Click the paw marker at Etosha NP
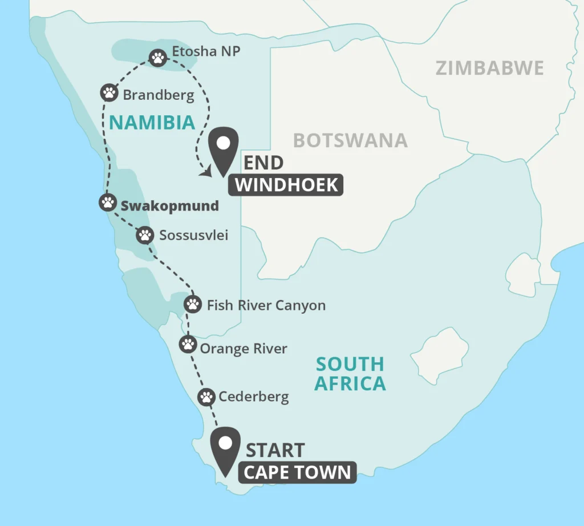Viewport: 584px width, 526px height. click(x=158, y=57)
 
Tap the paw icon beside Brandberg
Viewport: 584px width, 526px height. click(x=109, y=92)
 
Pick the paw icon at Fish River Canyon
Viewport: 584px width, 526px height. click(x=193, y=304)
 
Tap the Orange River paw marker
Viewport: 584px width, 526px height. click(x=188, y=344)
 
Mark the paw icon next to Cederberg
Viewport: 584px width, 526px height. click(x=206, y=396)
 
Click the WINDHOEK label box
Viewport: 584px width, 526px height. click(x=287, y=185)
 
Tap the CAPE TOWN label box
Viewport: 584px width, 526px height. click(x=297, y=472)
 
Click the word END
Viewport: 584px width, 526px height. click(x=263, y=163)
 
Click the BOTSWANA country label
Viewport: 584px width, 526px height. click(x=350, y=140)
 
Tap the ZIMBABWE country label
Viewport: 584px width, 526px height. click(x=490, y=68)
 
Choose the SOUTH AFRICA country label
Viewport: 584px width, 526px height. click(x=350, y=373)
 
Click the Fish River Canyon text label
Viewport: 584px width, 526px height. click(x=266, y=305)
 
